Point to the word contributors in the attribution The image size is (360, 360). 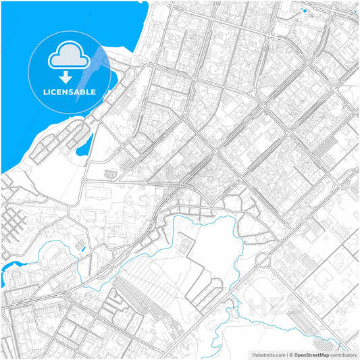[x=343, y=354]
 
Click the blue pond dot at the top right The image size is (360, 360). [x=305, y=11]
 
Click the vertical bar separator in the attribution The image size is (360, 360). [x=288, y=354]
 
